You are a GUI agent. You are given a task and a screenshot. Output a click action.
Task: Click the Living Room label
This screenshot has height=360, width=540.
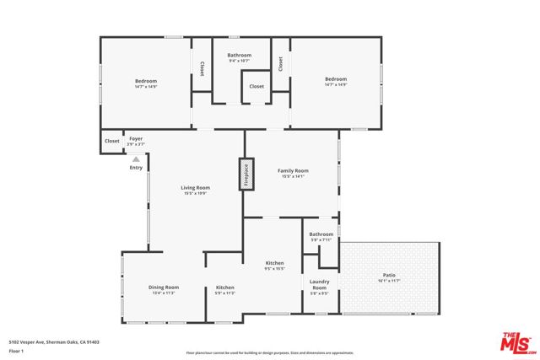click(195, 188)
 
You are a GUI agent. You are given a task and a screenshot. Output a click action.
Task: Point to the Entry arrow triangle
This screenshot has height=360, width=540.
click(136, 159)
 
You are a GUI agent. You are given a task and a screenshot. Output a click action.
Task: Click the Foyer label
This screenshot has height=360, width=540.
click(136, 137)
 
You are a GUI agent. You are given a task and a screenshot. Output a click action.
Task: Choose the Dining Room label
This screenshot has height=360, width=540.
click(165, 287)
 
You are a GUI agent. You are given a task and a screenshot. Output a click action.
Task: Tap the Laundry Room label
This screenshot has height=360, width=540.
click(319, 285)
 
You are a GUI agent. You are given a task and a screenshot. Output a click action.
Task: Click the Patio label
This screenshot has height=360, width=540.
click(389, 276)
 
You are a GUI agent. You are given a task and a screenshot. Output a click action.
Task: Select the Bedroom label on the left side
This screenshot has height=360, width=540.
click(147, 81)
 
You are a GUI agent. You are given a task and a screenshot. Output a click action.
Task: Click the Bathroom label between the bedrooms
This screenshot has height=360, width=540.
click(240, 56)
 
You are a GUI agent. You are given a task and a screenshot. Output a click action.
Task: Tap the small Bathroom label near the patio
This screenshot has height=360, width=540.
click(321, 234)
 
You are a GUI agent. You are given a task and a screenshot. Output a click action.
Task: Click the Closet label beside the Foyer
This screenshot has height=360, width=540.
click(112, 141)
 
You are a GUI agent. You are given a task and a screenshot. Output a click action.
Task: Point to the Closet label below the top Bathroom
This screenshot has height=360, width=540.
click(256, 86)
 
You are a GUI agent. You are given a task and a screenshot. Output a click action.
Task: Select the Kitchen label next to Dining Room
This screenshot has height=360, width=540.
click(224, 287)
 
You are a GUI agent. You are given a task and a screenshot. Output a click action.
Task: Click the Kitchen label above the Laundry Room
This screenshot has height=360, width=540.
click(275, 263)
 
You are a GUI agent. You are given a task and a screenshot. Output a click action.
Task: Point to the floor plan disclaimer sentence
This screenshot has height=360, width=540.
click(270, 352)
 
